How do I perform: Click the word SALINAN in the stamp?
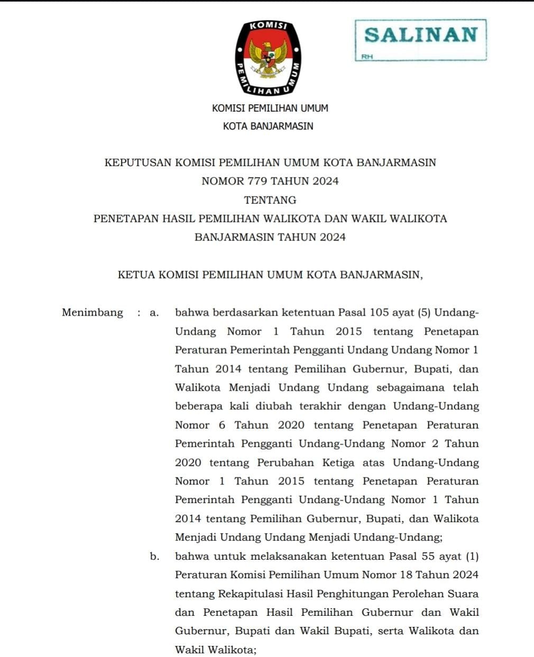click(420, 35)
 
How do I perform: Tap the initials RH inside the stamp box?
click(367, 57)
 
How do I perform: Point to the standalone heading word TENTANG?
click(270, 200)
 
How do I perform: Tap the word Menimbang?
click(93, 312)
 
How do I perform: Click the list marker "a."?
click(154, 313)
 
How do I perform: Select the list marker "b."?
click(154, 557)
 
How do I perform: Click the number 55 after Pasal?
click(429, 557)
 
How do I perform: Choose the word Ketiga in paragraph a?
click(338, 463)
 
